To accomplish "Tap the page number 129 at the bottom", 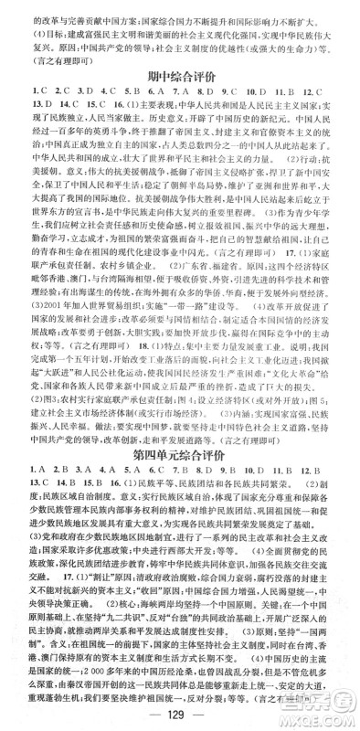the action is coord(181,714).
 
